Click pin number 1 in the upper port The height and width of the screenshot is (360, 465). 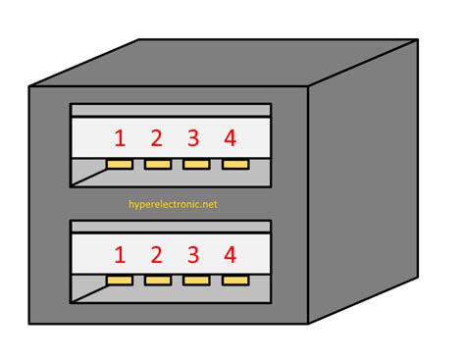[x=120, y=137]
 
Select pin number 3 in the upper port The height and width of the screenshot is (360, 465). [x=194, y=137]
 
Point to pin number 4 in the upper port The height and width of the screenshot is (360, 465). [x=231, y=137]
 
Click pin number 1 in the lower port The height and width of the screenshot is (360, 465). [x=120, y=256]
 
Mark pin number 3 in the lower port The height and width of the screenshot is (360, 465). [x=194, y=256]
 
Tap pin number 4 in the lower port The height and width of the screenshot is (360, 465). [x=231, y=256]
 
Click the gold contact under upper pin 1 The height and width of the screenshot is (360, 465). [x=120, y=164]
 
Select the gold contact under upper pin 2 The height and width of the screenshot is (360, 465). [x=157, y=164]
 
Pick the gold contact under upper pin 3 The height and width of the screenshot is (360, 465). [x=195, y=164]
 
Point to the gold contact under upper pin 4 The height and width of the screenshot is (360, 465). [x=233, y=164]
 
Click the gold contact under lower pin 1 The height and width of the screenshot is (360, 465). [x=120, y=282]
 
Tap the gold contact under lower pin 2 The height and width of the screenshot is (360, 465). [x=157, y=282]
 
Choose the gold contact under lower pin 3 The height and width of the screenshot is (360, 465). [x=195, y=282]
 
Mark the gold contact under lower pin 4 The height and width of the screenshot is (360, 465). [x=233, y=282]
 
